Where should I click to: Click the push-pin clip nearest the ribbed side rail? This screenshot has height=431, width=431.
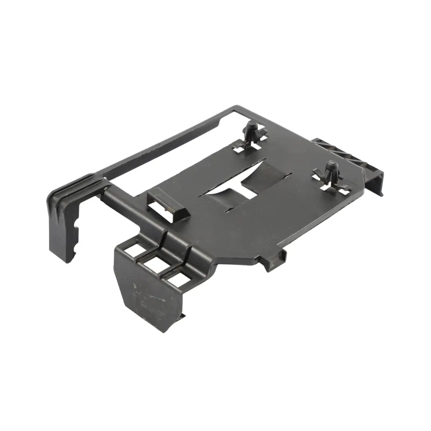pos(331,171)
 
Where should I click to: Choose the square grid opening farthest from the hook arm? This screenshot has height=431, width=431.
pos(176,279)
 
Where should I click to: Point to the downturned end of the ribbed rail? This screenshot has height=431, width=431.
pos(377,184)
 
